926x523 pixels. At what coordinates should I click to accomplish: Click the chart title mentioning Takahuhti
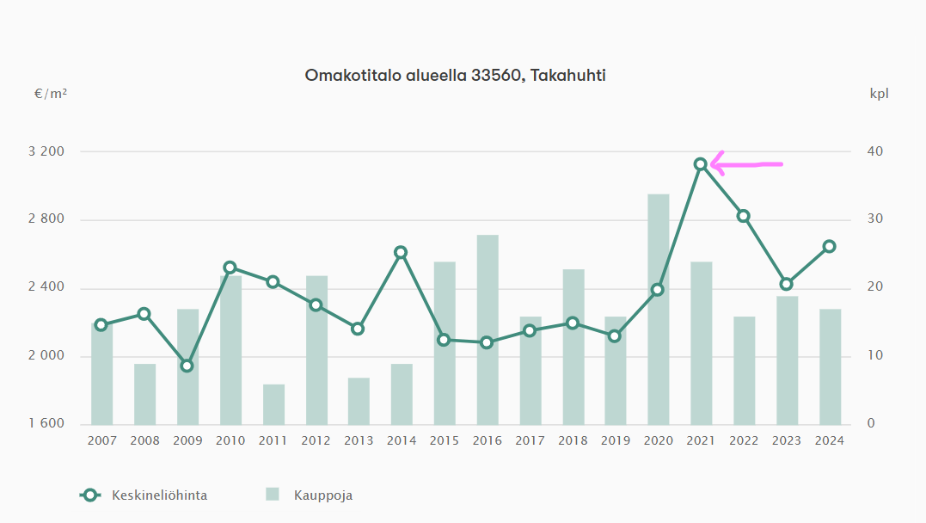(456, 76)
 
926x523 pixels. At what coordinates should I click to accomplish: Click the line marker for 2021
(701, 164)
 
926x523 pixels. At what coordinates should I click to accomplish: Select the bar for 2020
(659, 309)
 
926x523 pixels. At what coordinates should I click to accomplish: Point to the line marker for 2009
(187, 366)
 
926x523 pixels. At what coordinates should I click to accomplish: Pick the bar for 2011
(273, 404)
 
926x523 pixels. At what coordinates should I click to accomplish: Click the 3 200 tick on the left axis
(46, 152)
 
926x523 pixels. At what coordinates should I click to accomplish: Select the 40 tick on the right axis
(874, 152)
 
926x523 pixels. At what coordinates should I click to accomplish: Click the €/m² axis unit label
(51, 94)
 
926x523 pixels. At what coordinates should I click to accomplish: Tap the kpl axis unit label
(879, 94)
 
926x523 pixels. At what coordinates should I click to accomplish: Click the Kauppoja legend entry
(310, 495)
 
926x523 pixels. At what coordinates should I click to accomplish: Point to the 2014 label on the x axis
(402, 440)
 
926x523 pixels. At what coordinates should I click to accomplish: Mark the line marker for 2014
(401, 252)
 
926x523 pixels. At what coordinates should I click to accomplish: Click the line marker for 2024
(829, 246)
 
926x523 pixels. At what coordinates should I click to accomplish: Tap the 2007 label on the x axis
(101, 440)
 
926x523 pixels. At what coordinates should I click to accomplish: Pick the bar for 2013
(359, 401)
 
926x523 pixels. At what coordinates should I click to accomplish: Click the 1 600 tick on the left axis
(46, 424)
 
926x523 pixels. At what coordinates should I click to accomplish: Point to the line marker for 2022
(744, 216)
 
